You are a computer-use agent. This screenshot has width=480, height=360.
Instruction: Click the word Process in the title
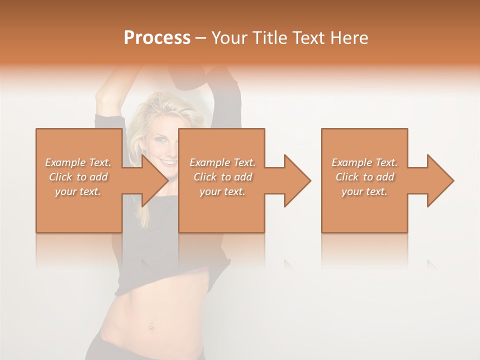click(157, 37)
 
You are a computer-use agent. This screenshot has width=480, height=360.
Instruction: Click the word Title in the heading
click(268, 37)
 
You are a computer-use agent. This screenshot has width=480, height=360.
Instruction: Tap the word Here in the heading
click(348, 37)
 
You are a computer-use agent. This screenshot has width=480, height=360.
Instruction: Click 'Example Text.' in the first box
click(78, 162)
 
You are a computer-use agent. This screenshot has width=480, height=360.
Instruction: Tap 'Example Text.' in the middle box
click(222, 162)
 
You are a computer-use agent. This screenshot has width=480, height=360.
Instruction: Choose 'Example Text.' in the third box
click(364, 162)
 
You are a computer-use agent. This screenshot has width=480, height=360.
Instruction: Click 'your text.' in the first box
click(78, 191)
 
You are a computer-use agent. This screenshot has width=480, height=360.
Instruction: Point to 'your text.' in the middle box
click(222, 191)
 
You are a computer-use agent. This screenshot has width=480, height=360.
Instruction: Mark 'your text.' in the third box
click(364, 191)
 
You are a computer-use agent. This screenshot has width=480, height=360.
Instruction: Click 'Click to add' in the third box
click(364, 177)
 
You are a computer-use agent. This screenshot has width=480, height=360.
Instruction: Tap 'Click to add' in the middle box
click(222, 177)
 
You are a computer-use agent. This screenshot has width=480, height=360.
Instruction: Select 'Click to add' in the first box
click(78, 177)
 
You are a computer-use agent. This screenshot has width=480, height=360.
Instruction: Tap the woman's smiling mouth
click(168, 163)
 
